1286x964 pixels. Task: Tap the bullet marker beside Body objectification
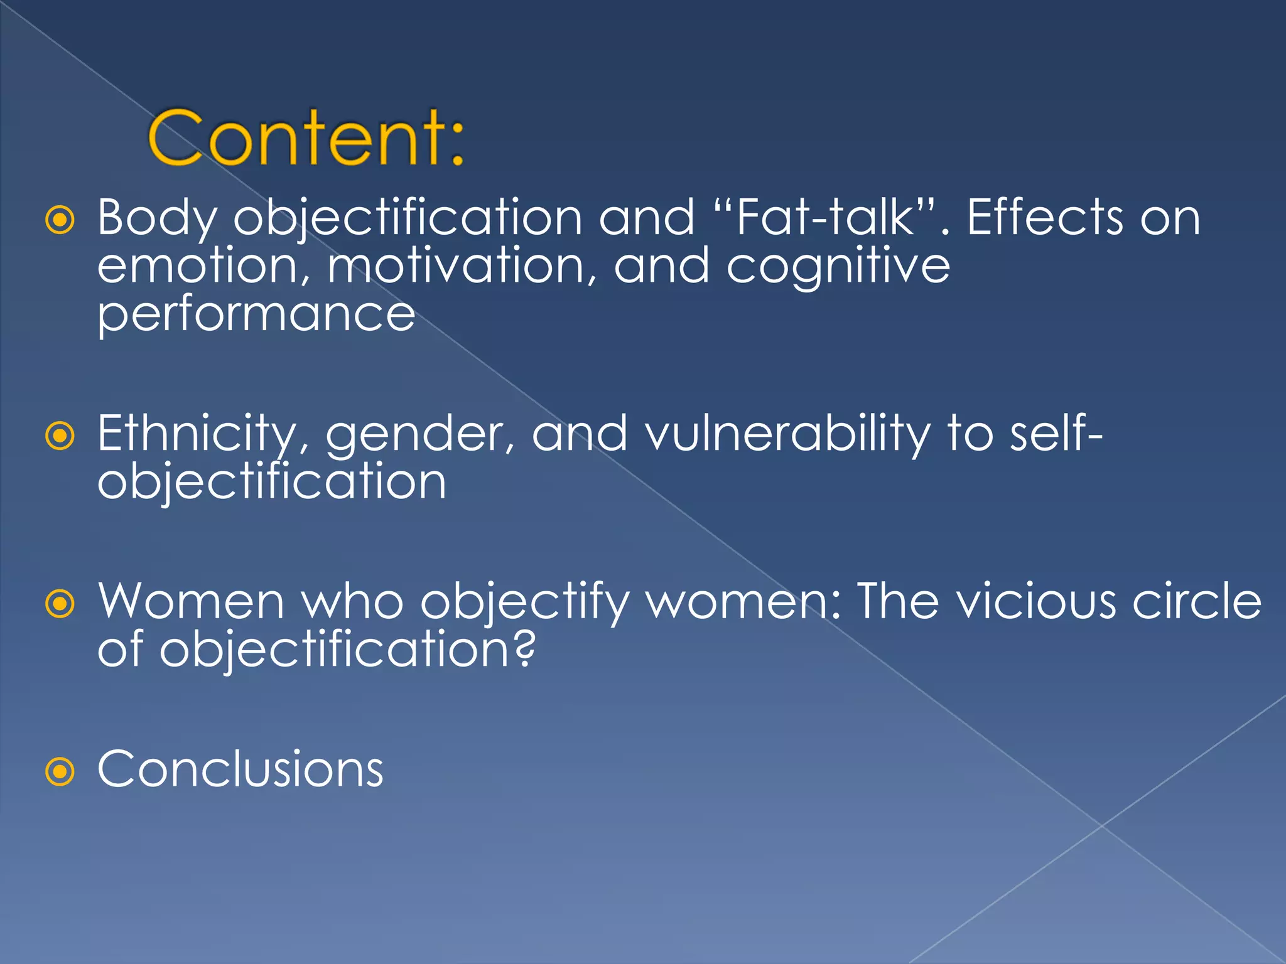point(60,220)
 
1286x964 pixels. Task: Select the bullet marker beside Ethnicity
point(60,436)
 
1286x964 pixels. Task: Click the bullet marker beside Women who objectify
point(60,604)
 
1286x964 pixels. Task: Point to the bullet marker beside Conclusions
point(60,771)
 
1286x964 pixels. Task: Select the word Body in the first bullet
point(157,219)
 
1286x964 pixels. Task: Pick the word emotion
point(203,266)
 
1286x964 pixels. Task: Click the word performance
point(256,315)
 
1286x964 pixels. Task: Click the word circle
point(1197,601)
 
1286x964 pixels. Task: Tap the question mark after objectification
point(526,648)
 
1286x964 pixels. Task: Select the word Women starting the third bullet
point(192,601)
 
